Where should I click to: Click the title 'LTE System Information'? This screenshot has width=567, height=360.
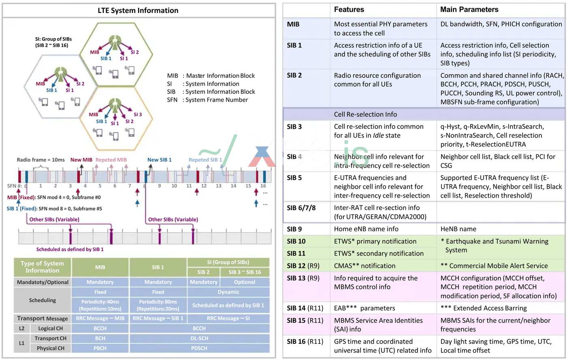point(138,11)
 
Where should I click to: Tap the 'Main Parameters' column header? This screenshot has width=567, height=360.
point(469,9)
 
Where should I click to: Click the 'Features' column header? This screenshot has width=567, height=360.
point(349,9)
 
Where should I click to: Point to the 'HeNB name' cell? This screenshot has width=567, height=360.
point(456,229)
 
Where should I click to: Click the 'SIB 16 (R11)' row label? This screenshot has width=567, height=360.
point(305,341)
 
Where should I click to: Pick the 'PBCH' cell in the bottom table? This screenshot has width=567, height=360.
point(100,348)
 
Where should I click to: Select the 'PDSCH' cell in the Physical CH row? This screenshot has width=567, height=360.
point(199,348)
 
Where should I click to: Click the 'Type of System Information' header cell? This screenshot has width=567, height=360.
point(43,267)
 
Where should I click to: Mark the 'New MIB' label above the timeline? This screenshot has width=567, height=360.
point(81,160)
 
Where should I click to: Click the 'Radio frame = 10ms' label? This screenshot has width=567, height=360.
point(40,160)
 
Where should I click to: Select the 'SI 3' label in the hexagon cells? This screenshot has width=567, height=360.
point(138,115)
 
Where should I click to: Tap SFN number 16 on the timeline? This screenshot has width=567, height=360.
point(263,186)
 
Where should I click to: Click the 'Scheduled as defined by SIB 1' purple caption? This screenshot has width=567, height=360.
point(70,249)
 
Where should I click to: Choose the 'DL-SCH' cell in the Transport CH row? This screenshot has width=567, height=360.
point(199,338)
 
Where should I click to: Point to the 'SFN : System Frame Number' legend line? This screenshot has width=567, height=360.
point(207,100)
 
